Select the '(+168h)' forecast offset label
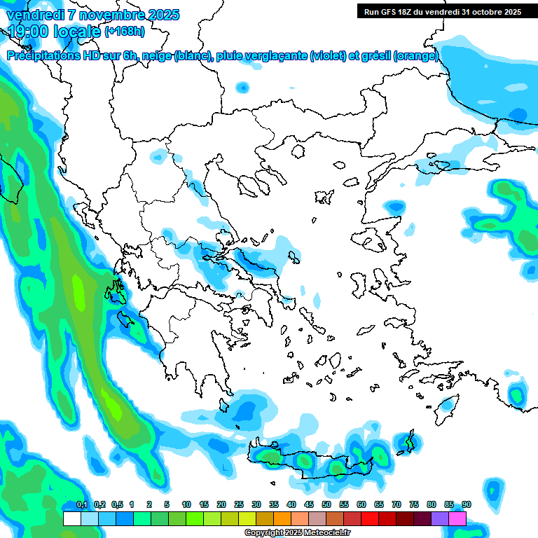[125, 31]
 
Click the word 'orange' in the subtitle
[417, 56]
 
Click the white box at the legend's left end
[71, 518]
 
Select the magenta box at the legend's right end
[457, 518]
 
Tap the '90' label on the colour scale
[466, 505]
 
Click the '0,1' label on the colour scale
[81, 505]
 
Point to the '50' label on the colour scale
[326, 505]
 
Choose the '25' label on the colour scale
[239, 505]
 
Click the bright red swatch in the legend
[370, 518]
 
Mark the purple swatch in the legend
[440, 518]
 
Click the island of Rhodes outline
[446, 407]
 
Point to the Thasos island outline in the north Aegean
[298, 151]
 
